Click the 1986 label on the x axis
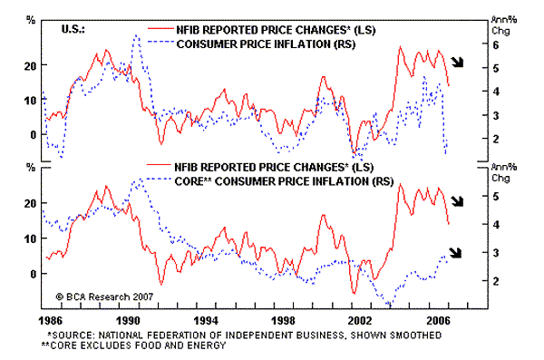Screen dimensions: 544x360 50,320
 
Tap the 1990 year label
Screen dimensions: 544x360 128,320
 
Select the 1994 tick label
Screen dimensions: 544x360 206,320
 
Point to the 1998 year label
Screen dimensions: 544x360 283,320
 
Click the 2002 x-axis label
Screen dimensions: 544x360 360,320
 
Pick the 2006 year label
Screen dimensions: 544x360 438,320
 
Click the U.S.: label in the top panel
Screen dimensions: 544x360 73,29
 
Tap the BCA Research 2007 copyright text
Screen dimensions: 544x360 104,297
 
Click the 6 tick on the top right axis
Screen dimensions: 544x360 495,44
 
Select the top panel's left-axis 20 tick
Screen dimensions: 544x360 30,65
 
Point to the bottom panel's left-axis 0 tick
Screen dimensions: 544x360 33,274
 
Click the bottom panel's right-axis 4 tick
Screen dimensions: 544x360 496,225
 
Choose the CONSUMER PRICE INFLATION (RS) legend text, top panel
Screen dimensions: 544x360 266,44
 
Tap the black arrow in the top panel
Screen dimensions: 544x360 457,63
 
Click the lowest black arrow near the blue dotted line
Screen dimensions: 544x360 455,253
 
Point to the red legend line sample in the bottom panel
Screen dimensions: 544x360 159,164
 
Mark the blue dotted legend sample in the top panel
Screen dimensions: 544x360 160,42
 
